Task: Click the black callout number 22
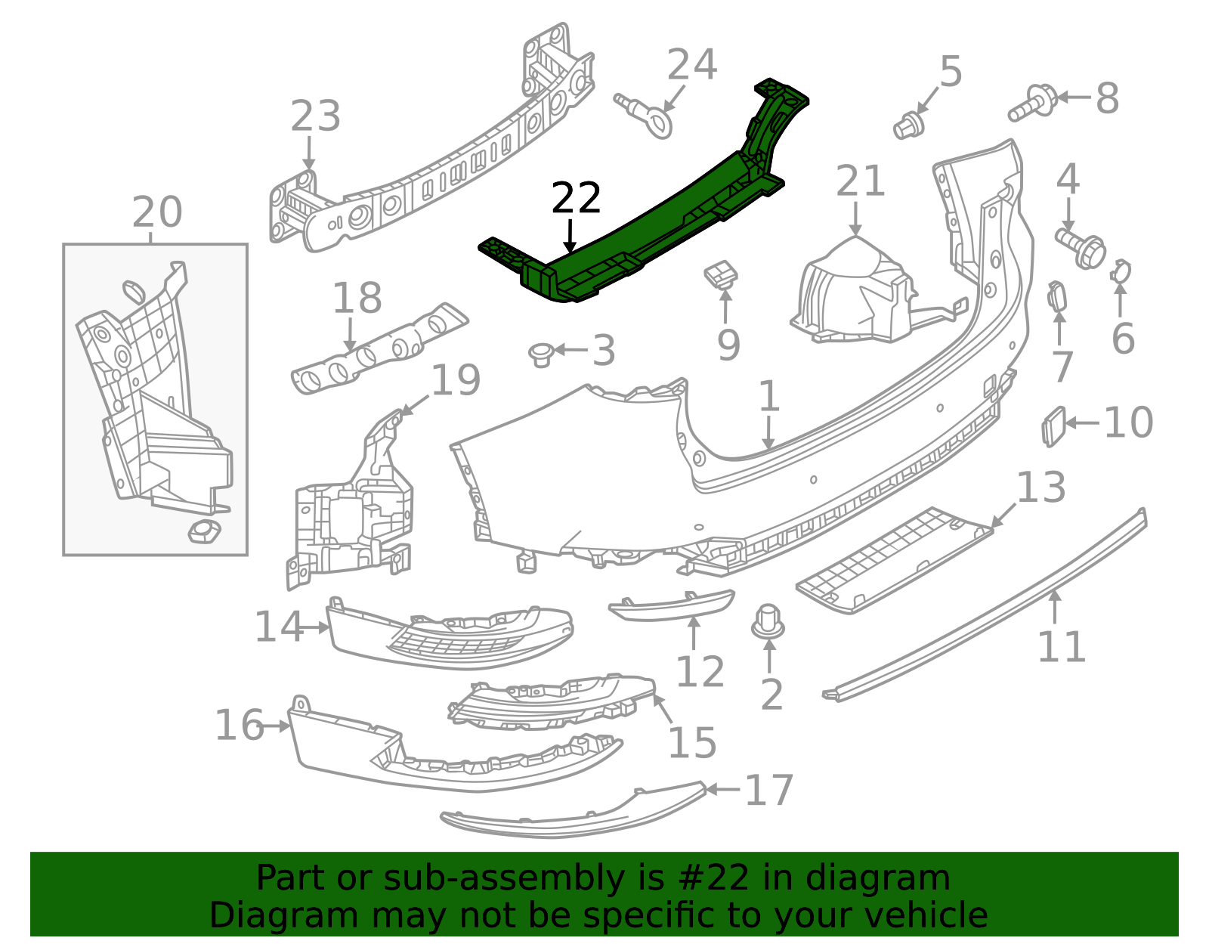click(576, 198)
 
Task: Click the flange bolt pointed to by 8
click(1033, 104)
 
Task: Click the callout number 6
click(1123, 338)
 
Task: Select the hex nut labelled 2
click(768, 621)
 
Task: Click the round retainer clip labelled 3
click(541, 353)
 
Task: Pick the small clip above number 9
click(722, 274)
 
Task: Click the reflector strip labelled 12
click(673, 605)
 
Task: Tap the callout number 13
click(1041, 487)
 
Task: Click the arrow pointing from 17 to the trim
click(723, 790)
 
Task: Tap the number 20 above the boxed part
click(157, 212)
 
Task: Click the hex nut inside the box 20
click(204, 531)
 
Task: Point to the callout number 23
click(316, 117)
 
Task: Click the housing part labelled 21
click(854, 295)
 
